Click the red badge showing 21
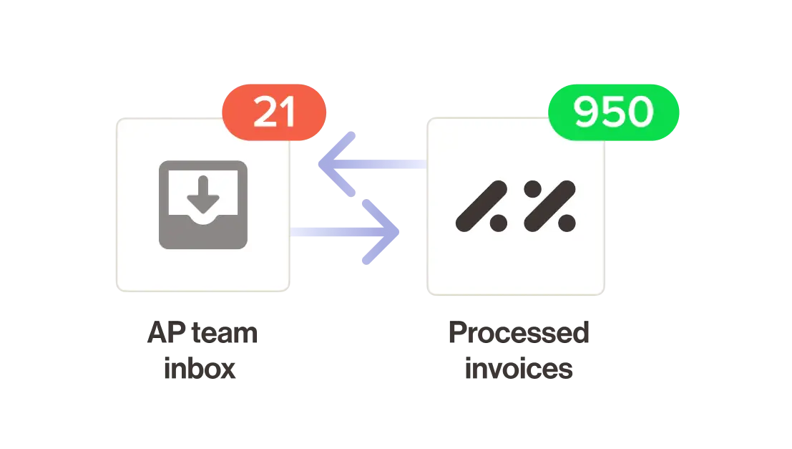(275, 113)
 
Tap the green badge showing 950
(614, 113)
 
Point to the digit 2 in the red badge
(264, 113)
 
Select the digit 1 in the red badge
(287, 113)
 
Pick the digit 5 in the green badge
(614, 113)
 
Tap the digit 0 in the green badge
(640, 113)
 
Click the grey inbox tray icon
(203, 205)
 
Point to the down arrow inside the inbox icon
(203, 192)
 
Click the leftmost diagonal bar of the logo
(481, 203)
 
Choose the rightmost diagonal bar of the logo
(549, 203)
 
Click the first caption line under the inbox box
(200, 334)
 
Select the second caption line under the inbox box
(200, 372)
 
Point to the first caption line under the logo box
(517, 334)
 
